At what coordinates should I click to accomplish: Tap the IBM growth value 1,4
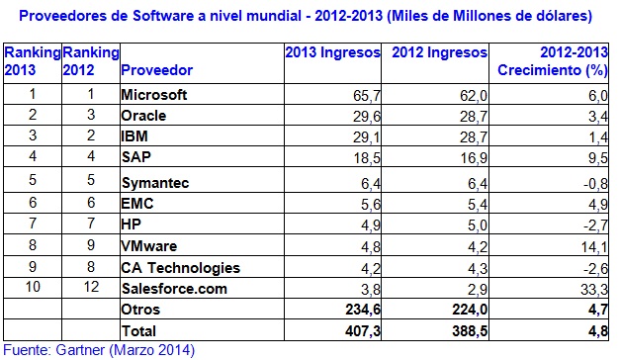(x=594, y=136)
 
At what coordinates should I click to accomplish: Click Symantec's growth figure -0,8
(x=590, y=183)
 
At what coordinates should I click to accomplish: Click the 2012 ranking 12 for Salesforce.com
(x=91, y=290)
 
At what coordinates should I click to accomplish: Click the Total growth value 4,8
(x=594, y=331)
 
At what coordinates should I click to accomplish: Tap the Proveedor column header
(x=156, y=71)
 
